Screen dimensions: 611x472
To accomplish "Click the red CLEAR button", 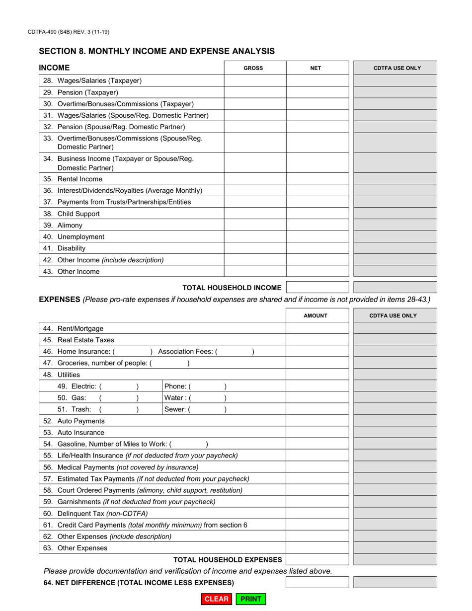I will tap(217, 599).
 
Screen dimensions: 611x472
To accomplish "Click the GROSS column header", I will tap(253, 69).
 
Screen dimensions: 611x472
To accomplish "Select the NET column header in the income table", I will tap(315, 69).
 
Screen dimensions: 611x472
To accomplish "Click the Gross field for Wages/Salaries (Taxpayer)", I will tap(255, 80).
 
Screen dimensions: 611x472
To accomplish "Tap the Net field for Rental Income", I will tap(317, 179).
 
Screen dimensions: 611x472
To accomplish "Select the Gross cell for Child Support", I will tap(255, 214).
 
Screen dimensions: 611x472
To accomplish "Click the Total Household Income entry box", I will tap(317, 287).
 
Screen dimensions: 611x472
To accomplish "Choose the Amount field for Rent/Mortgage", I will tap(317, 328).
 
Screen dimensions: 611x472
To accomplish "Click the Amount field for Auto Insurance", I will tap(317, 433).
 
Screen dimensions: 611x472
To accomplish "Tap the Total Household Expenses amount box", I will tap(317, 560).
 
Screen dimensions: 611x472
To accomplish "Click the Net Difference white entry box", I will tap(317, 582).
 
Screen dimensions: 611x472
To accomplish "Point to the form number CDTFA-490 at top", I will tap(69, 32).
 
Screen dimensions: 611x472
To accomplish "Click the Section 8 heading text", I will tap(157, 51).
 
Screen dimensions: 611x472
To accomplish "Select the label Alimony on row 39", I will tap(70, 226).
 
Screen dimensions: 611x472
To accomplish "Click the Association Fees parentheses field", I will tap(236, 352).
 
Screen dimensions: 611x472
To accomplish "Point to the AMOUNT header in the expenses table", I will tap(315, 315).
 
